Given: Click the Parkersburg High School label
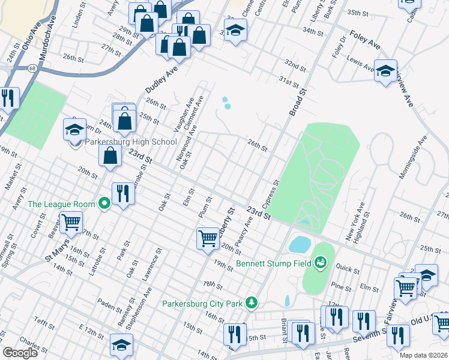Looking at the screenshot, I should click(x=130, y=142).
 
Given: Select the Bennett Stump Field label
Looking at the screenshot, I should click(x=276, y=262).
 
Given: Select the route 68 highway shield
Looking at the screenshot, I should click(x=30, y=68).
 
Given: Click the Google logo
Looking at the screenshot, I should click(x=20, y=353).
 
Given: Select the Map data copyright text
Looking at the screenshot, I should click(x=423, y=355).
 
